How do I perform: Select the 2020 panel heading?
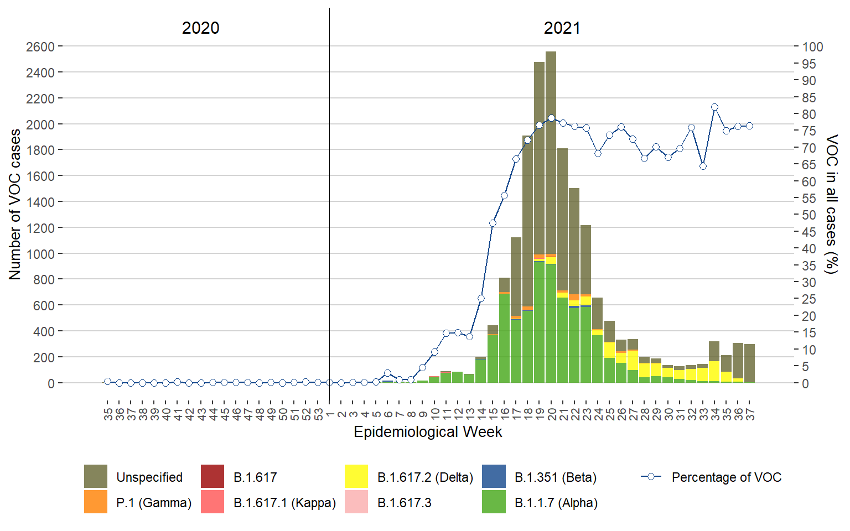[x=200, y=28]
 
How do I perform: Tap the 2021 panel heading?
[x=562, y=28]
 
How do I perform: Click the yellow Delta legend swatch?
[x=356, y=477]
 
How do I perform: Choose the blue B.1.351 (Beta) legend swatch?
[x=494, y=477]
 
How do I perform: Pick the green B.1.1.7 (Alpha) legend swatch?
[x=494, y=502]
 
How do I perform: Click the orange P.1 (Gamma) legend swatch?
[x=96, y=502]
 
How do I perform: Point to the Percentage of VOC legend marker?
[x=651, y=477]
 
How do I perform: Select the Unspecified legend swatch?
[x=96, y=477]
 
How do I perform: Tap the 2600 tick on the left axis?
[x=40, y=47]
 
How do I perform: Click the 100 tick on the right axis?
[x=812, y=47]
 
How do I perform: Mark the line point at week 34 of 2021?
[x=714, y=107]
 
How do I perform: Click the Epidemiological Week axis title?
[x=428, y=432]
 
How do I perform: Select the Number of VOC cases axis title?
[x=15, y=205]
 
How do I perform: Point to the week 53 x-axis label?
[x=318, y=414]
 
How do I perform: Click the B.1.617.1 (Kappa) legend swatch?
[x=212, y=502]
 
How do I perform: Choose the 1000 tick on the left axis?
[x=40, y=254]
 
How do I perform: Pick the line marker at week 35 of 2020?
[x=107, y=382]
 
